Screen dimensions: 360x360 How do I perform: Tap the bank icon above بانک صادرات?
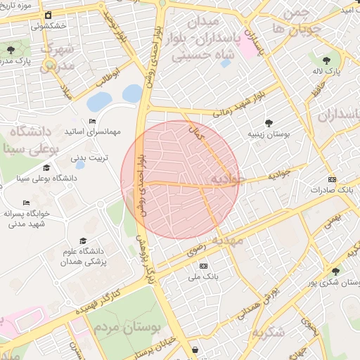click(x=332, y=179)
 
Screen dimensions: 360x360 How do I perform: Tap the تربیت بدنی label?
click(x=92, y=157)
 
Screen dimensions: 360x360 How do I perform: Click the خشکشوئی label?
click(x=49, y=25)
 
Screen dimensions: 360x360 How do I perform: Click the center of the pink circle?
click(x=180, y=179)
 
